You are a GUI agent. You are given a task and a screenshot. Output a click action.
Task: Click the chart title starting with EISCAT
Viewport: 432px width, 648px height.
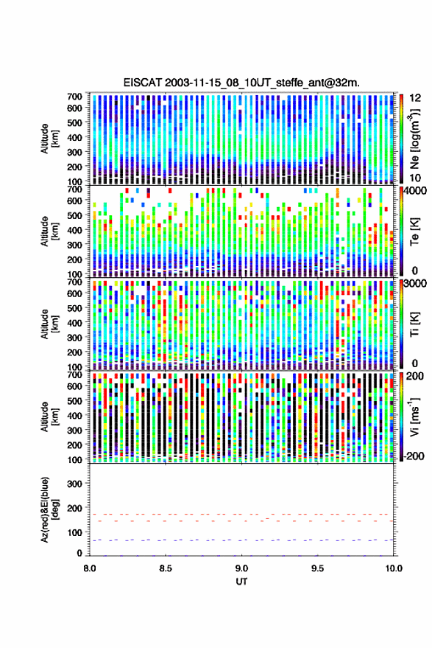(241, 83)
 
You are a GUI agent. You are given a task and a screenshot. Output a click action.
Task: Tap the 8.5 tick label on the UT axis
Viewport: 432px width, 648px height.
(166, 568)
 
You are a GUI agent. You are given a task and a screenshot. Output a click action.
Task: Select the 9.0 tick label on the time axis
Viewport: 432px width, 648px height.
(242, 568)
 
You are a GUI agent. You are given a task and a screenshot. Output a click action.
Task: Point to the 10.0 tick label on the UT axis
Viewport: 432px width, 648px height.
(394, 568)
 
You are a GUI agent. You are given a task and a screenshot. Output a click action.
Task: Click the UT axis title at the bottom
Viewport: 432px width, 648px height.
(241, 582)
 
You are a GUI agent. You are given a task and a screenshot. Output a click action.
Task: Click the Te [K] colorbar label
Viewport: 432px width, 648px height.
(414, 231)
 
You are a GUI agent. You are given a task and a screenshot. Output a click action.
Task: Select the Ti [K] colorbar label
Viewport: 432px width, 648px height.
(414, 324)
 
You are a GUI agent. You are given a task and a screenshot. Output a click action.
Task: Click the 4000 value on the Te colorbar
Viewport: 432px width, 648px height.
(416, 191)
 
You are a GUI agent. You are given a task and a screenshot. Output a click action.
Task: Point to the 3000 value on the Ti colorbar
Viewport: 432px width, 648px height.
(416, 284)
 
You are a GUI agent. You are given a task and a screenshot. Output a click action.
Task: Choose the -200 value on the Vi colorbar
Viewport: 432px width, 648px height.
(413, 456)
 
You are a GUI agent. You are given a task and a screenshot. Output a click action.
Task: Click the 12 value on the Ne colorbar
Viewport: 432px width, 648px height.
(415, 98)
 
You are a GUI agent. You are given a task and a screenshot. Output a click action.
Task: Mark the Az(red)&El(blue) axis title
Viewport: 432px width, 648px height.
(49, 509)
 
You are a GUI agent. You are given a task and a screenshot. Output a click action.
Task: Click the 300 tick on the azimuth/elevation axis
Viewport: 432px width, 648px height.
(74, 484)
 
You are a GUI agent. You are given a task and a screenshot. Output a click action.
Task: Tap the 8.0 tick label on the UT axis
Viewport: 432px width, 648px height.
(90, 568)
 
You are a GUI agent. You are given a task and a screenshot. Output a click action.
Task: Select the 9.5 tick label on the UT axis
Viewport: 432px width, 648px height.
(317, 568)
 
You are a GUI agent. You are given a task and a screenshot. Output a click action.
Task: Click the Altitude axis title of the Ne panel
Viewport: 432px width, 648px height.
(49, 139)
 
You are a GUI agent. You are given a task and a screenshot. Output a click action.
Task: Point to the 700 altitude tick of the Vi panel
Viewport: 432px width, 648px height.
(74, 374)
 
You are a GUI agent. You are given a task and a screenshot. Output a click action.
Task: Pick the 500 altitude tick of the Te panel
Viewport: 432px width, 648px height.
(74, 215)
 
